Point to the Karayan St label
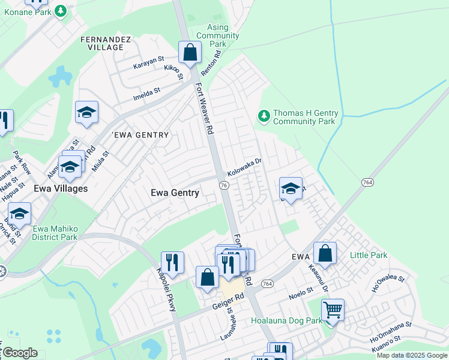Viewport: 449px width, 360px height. [x=148, y=61]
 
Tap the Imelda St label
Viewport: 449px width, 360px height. [x=147, y=92]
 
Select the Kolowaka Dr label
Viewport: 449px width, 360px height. [x=245, y=165]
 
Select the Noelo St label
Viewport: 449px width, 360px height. [x=302, y=290]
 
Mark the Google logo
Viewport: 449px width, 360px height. [x=20, y=353]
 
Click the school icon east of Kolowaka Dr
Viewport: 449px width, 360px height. [x=291, y=189]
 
